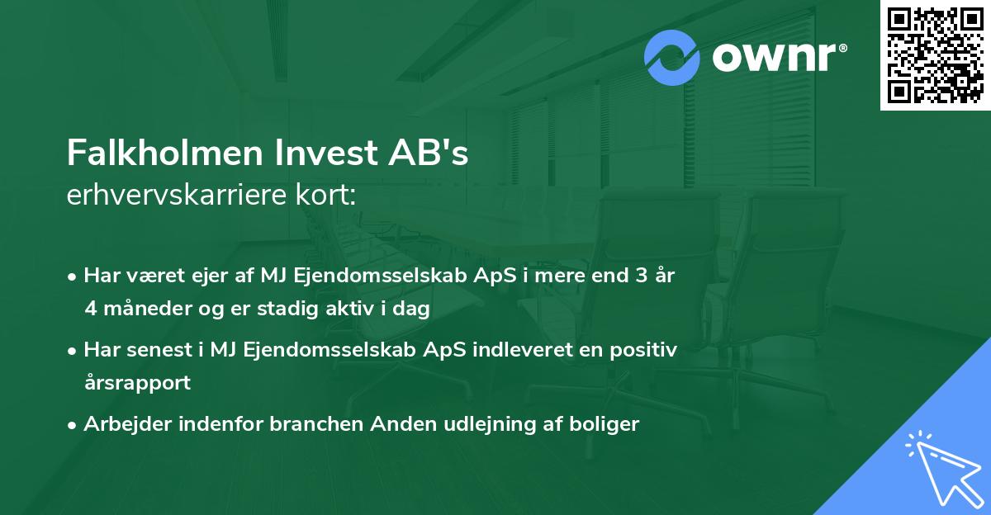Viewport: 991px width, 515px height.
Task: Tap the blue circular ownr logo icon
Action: click(x=672, y=57)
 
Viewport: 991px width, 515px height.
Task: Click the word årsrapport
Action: click(x=137, y=383)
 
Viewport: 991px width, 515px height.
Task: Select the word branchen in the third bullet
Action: click(x=318, y=424)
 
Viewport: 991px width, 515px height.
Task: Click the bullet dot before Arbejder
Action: click(x=73, y=425)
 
